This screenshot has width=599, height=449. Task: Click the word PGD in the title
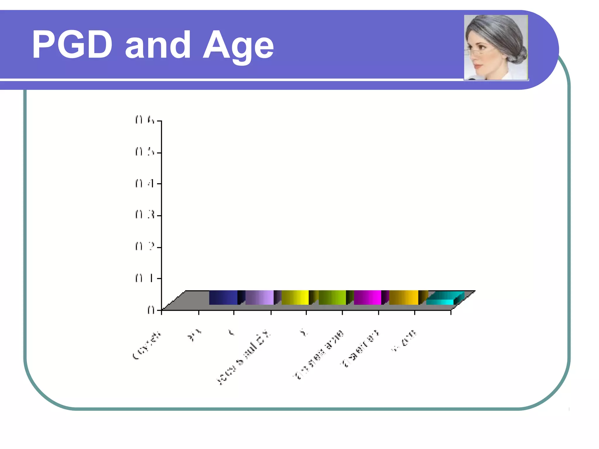pyautogui.click(x=72, y=45)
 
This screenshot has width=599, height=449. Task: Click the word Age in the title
pyautogui.click(x=238, y=46)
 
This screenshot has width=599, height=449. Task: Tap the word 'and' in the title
pyautogui.click(x=158, y=46)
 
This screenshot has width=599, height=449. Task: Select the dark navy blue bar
pyautogui.click(x=223, y=298)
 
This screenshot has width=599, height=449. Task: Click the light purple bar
pyautogui.click(x=260, y=298)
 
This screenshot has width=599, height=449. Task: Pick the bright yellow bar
pyautogui.click(x=295, y=298)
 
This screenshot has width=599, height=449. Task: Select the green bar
pyautogui.click(x=332, y=298)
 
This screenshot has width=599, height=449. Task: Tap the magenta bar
pyautogui.click(x=368, y=298)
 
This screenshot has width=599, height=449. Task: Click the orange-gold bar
pyautogui.click(x=404, y=298)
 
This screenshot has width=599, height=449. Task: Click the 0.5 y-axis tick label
pyautogui.click(x=144, y=152)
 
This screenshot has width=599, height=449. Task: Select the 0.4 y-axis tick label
pyautogui.click(x=144, y=183)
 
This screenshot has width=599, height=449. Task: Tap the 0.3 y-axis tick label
pyautogui.click(x=144, y=215)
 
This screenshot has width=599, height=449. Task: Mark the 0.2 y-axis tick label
pyautogui.click(x=144, y=247)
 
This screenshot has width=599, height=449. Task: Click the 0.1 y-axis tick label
pyautogui.click(x=144, y=278)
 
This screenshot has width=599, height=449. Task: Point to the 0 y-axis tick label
pyautogui.click(x=151, y=310)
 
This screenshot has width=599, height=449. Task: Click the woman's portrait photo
pyautogui.click(x=496, y=47)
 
